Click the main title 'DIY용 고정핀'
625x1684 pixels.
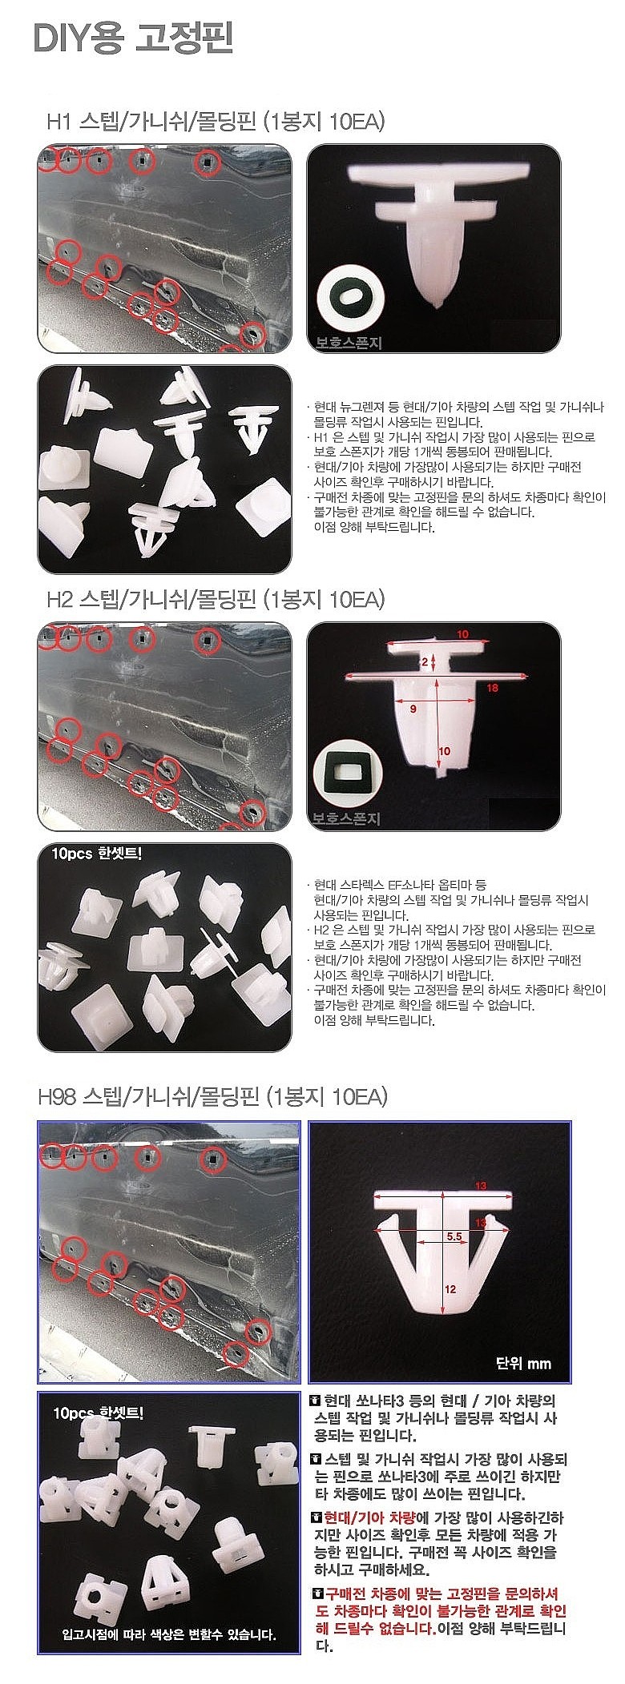click(133, 38)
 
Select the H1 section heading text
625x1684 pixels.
click(216, 122)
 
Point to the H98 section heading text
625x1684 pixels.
click(212, 1095)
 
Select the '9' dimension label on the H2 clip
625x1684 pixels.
click(412, 709)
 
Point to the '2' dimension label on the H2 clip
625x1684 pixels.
click(426, 661)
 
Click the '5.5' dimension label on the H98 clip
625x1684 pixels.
click(454, 1236)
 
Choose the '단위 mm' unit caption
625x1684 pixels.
click(523, 1363)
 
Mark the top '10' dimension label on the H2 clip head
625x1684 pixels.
click(462, 634)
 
